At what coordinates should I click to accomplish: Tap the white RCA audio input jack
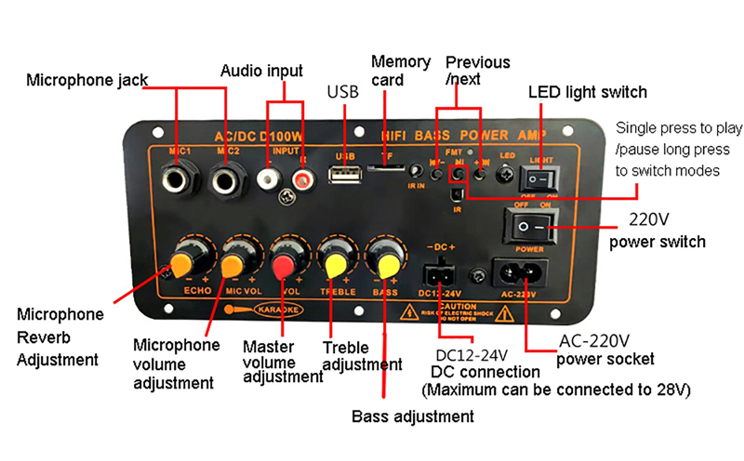[x=270, y=175]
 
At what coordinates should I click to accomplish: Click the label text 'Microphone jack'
[x=86, y=80]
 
